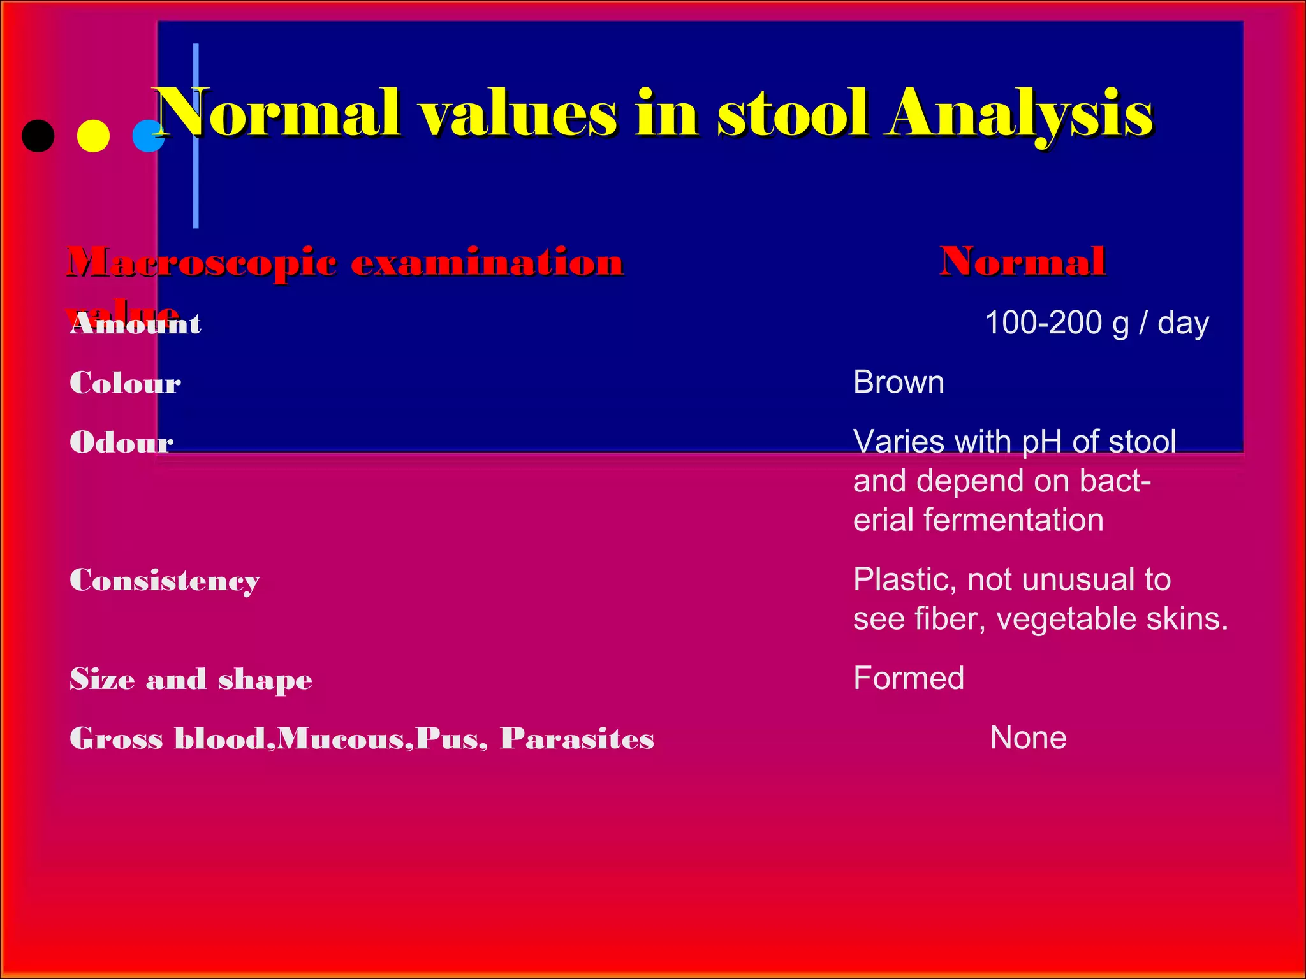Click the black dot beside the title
[x=38, y=136]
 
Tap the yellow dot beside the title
[x=93, y=136]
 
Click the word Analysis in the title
[x=1018, y=115]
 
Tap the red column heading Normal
[x=1022, y=261]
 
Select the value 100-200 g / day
[x=1096, y=323]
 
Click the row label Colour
[x=125, y=383]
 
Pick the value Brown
[x=898, y=382]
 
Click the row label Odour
[x=121, y=442]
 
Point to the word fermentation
[x=1013, y=520]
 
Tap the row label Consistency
[x=165, y=581]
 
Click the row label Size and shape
[x=191, y=679]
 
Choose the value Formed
[x=908, y=678]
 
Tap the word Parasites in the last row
[x=576, y=738]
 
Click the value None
[x=1028, y=738]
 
